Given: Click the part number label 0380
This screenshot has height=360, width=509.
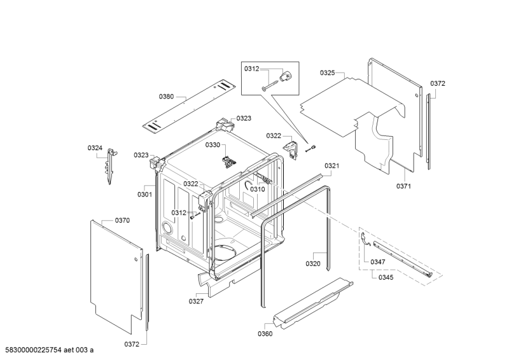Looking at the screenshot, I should click(x=165, y=97).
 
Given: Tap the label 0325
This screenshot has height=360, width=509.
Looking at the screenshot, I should click(x=327, y=73).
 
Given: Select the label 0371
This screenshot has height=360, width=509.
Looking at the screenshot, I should click(x=403, y=186).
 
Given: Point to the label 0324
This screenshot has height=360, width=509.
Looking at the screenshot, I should click(x=95, y=148).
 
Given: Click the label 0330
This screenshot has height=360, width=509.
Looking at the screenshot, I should click(x=212, y=145).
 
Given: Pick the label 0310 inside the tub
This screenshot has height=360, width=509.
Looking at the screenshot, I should click(x=257, y=189).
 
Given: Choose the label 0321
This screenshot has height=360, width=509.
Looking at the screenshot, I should click(x=331, y=166).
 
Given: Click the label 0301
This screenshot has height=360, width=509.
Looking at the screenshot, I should click(x=144, y=195).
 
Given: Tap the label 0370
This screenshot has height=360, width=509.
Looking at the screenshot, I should click(x=122, y=220).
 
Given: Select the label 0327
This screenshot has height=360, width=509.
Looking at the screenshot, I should click(x=196, y=301).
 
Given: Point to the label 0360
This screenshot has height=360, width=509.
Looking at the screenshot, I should click(x=265, y=333).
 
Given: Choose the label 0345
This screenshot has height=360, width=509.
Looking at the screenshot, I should click(x=386, y=277).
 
